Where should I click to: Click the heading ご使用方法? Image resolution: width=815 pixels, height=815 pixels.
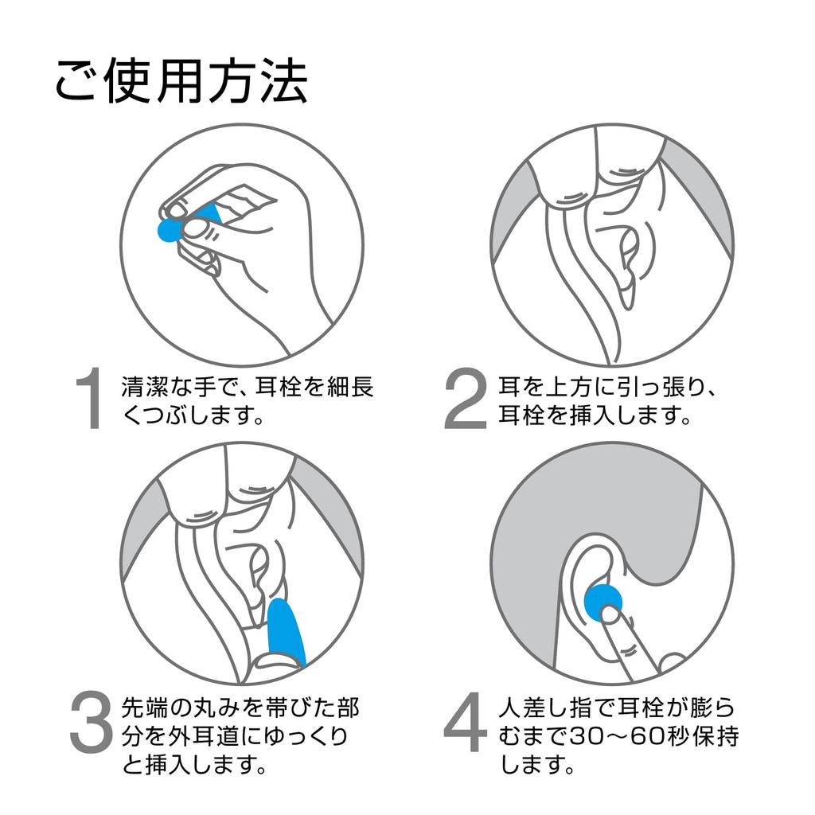[x=181, y=81]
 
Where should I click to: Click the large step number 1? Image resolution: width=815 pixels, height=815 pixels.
[x=90, y=400]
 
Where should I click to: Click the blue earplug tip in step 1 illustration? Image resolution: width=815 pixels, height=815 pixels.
[x=170, y=229]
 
